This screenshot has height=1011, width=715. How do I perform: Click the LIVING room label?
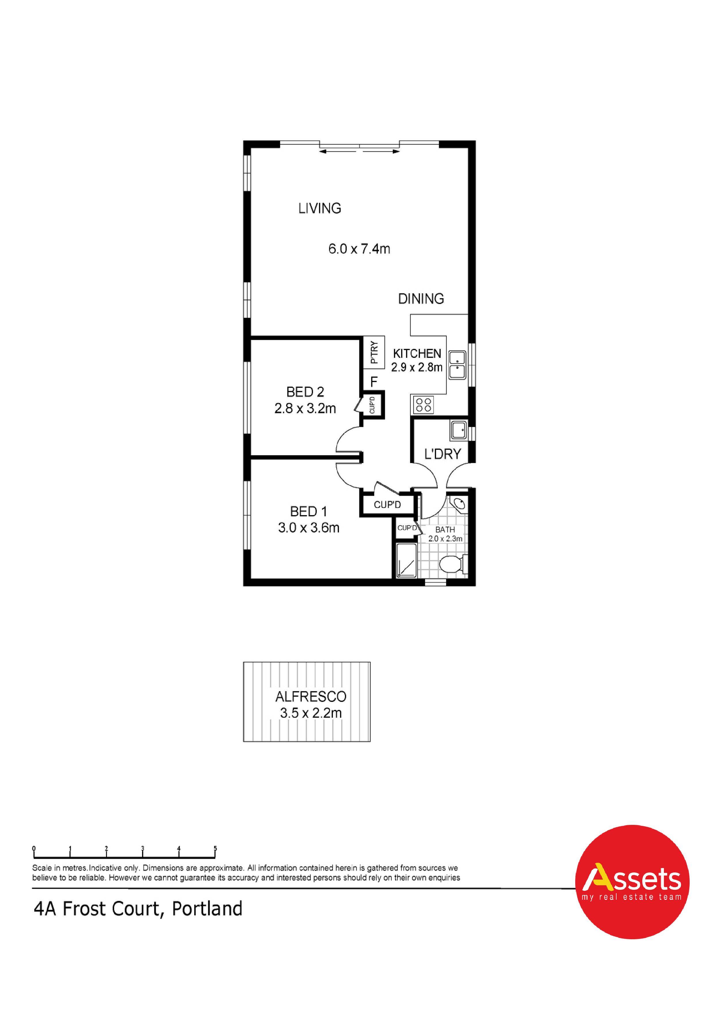(x=320, y=208)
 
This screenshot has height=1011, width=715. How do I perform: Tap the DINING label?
(x=421, y=299)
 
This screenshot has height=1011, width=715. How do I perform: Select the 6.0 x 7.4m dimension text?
(x=359, y=249)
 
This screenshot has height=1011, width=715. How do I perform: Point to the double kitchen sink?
(x=458, y=365)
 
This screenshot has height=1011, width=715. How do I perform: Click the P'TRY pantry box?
(x=373, y=353)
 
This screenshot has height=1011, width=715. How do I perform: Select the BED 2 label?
(x=305, y=392)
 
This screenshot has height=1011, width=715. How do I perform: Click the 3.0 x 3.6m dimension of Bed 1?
(x=308, y=528)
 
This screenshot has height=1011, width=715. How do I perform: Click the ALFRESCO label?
(x=311, y=697)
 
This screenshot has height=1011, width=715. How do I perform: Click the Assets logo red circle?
(x=633, y=882)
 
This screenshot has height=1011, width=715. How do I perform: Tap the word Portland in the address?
(x=207, y=909)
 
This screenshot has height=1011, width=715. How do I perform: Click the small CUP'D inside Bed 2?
(x=373, y=405)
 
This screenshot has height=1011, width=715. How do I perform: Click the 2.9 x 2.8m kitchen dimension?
(x=417, y=367)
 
